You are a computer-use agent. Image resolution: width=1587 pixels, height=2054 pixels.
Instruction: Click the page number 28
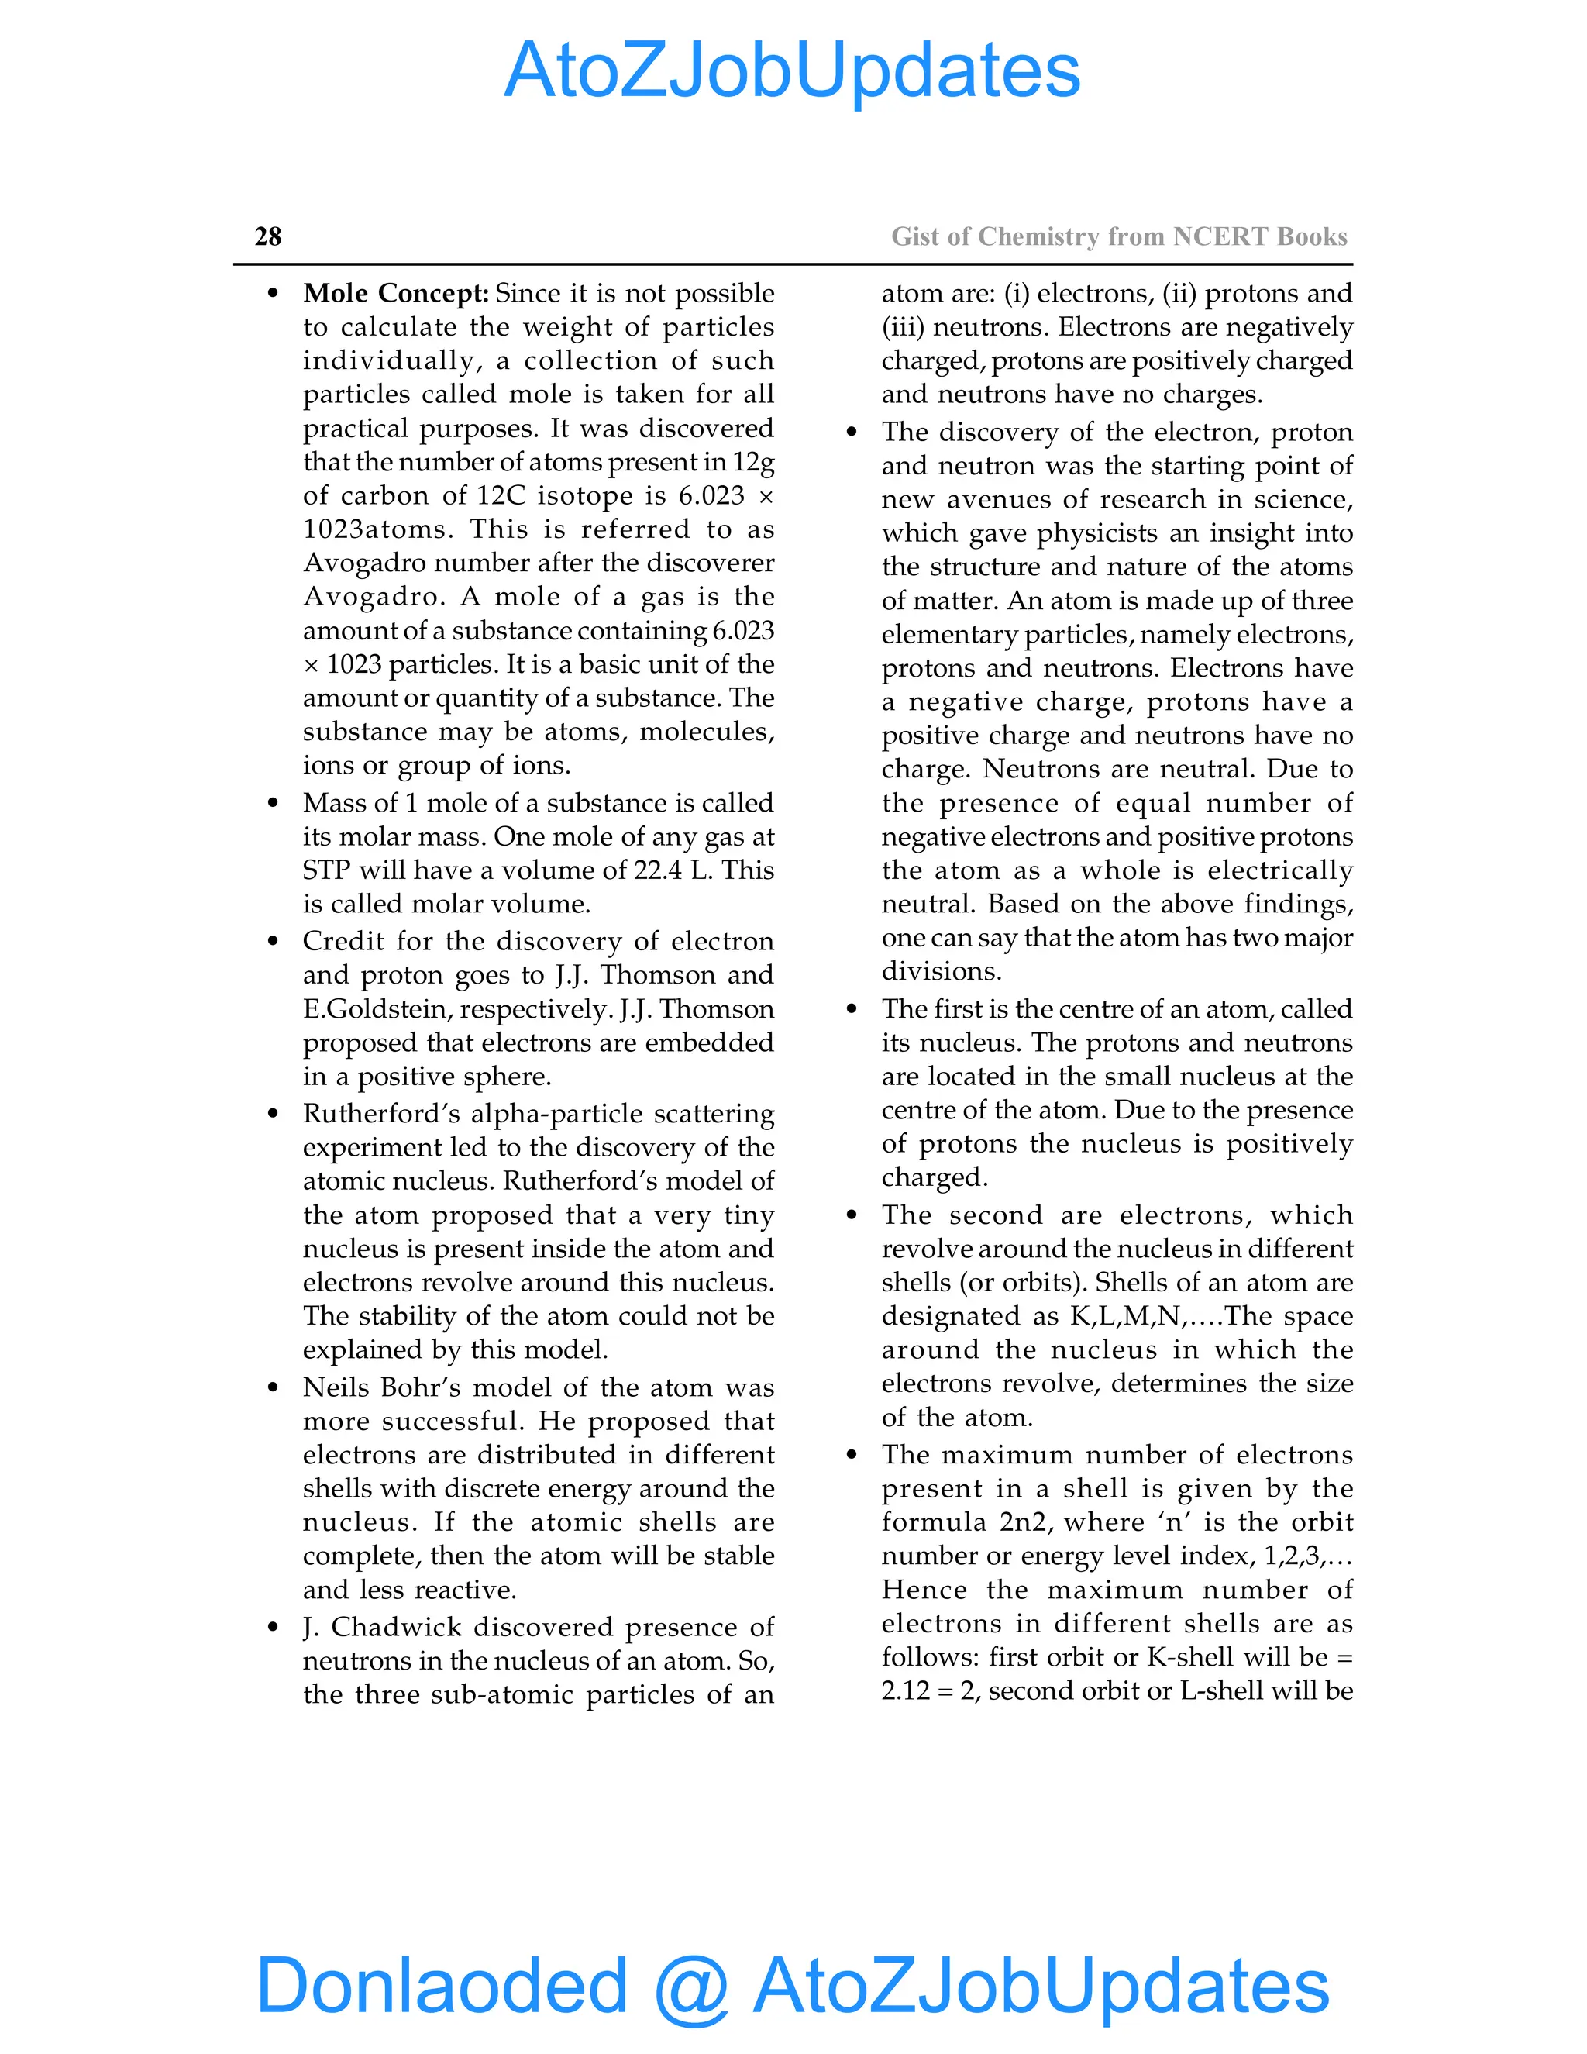tap(268, 236)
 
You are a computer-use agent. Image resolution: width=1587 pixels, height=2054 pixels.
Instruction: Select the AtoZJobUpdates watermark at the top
tap(792, 71)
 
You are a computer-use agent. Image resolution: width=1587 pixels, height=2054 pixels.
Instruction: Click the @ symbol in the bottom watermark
tap(691, 1987)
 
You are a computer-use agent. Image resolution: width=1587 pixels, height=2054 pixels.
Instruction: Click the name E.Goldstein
tap(376, 1008)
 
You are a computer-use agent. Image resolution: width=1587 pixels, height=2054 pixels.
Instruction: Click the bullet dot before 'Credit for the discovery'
tap(273, 942)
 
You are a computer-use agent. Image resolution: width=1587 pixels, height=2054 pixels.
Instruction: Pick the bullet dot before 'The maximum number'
tap(852, 1455)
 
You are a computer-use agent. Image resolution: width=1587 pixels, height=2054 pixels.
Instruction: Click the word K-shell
tap(1190, 1657)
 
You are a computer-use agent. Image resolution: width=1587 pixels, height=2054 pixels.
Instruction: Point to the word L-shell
tap(1221, 1691)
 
